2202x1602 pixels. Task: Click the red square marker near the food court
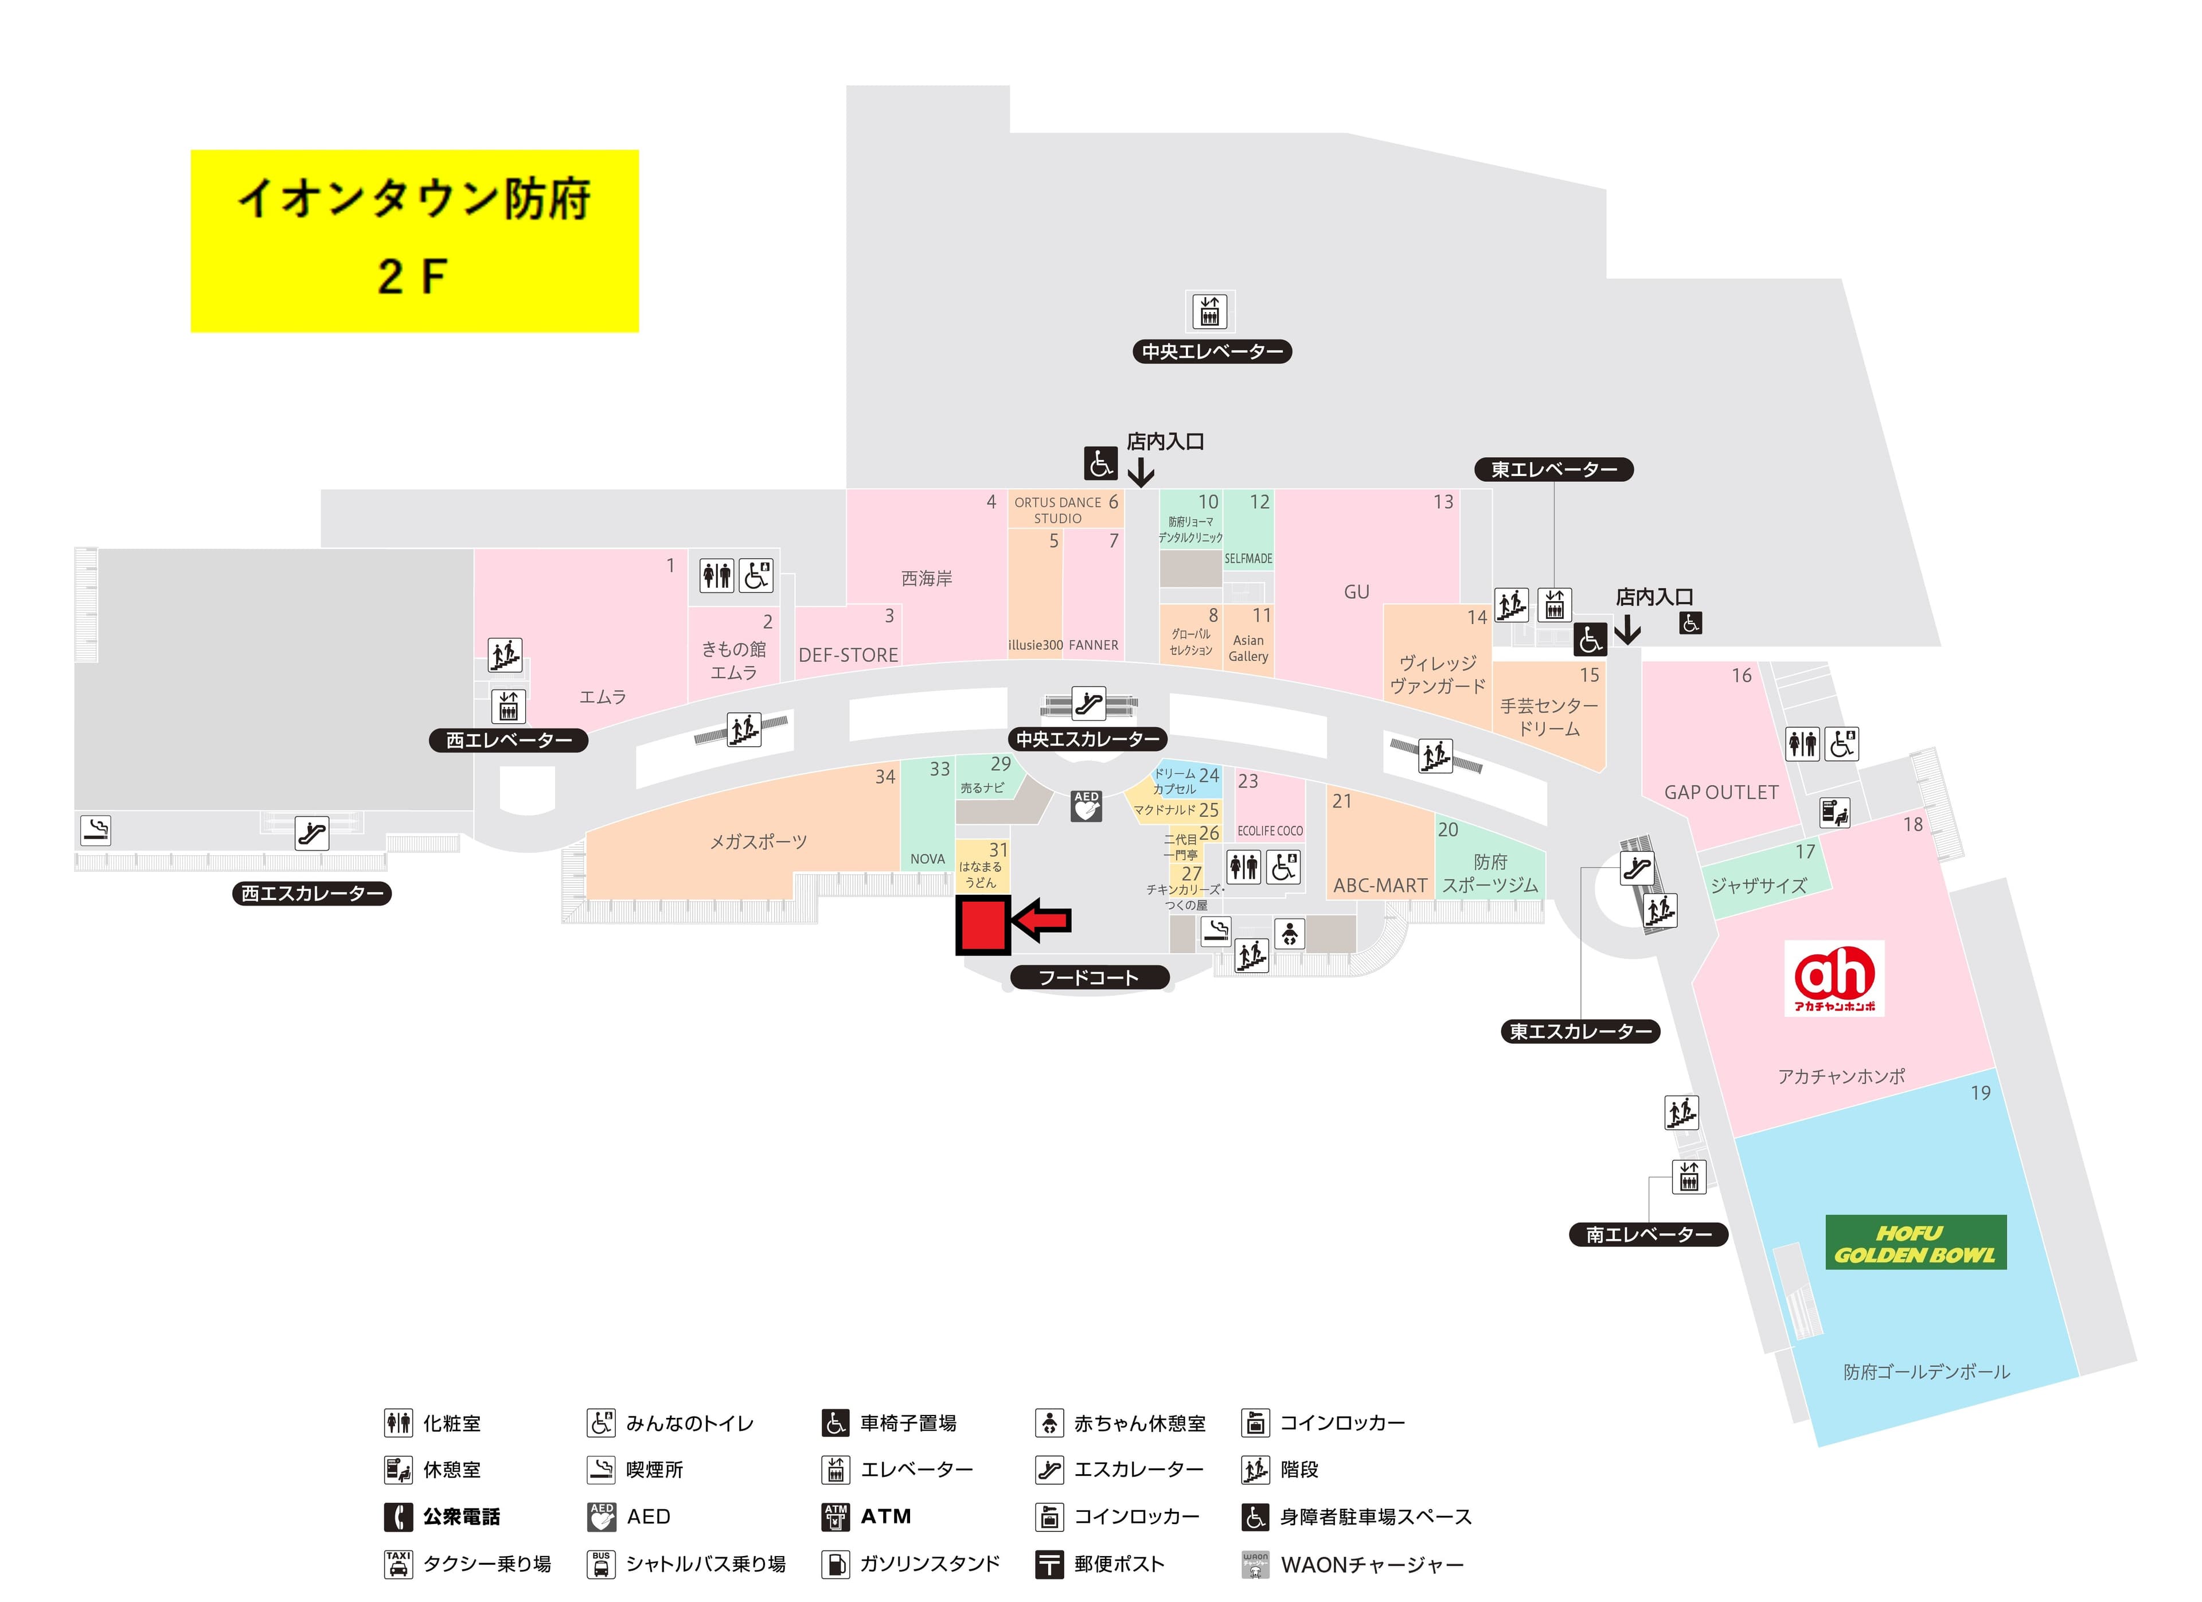[x=982, y=925]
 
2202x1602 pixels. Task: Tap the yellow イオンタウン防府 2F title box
[x=415, y=241]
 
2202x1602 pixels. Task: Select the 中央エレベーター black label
[x=1212, y=352]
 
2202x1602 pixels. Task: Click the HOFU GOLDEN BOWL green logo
[x=1915, y=1243]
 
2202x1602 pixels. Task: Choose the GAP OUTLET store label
[x=1720, y=792]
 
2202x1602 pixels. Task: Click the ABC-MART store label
[x=1380, y=886]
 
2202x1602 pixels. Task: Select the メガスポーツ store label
[x=758, y=842]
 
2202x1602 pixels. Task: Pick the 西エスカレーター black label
[x=311, y=893]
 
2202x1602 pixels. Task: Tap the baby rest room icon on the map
[x=1289, y=934]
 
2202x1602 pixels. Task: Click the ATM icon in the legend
[x=835, y=1517]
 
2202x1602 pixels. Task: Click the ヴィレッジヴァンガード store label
[x=1437, y=675]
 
